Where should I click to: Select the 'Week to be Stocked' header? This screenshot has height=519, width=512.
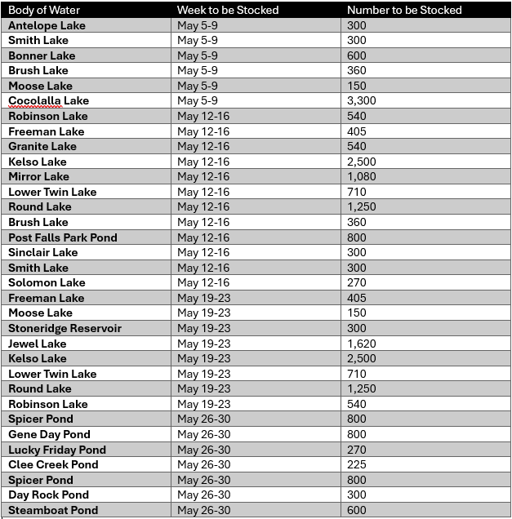228,10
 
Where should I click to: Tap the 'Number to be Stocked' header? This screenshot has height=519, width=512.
404,10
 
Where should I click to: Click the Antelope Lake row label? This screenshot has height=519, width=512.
47,25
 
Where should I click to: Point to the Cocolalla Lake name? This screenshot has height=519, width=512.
48,101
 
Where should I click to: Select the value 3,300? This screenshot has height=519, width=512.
362,101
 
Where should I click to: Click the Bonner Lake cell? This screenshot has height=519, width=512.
42,55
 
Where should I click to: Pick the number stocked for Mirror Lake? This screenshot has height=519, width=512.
362,177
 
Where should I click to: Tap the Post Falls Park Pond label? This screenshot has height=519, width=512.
63,237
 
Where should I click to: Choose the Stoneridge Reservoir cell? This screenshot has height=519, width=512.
65,328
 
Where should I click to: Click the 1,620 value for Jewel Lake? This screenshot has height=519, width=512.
362,344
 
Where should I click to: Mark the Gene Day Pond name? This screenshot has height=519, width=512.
49,434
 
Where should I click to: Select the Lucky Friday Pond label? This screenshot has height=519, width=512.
57,450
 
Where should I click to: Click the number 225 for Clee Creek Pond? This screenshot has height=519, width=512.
357,464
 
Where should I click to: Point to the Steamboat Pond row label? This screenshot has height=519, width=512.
53,510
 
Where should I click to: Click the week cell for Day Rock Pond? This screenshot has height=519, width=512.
203,495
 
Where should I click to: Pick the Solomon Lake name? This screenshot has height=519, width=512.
47,283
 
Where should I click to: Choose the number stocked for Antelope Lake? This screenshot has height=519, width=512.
357,25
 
